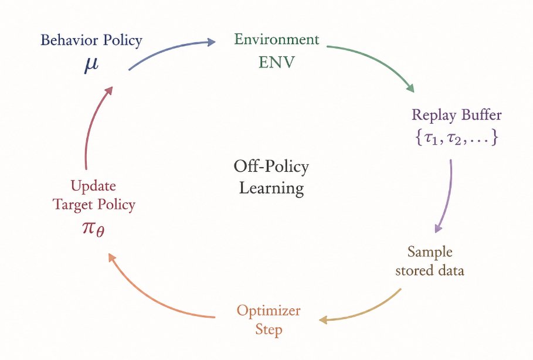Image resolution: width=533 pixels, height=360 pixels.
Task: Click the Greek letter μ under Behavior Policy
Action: click(91, 64)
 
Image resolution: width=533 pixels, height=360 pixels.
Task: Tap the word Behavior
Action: click(69, 40)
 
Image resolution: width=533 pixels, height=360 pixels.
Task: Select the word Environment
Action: click(276, 39)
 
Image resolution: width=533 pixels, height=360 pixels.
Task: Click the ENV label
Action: click(276, 63)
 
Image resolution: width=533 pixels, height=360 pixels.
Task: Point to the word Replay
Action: click(434, 115)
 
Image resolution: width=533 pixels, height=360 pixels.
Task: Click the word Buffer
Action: click(481, 114)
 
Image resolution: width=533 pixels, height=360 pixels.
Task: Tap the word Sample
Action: click(430, 252)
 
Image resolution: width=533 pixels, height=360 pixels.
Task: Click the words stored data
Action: click(430, 271)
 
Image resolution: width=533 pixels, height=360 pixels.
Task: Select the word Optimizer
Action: click(269, 311)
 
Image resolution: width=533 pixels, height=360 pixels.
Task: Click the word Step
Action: click(269, 330)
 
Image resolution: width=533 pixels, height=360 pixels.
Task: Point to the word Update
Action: click(93, 186)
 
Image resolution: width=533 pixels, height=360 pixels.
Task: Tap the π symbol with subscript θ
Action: click(93, 229)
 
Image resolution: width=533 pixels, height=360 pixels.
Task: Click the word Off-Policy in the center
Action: click(271, 167)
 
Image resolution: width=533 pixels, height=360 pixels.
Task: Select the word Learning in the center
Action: click(271, 188)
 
